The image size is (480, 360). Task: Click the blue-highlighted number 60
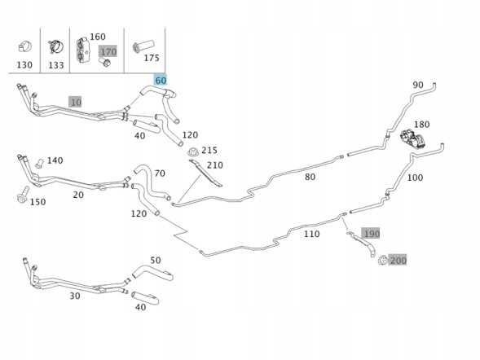coord(161,80)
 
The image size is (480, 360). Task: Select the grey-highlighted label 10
coord(76,102)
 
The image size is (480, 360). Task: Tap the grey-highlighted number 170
coord(108,51)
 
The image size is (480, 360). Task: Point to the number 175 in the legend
coord(152,58)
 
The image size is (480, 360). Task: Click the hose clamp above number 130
coord(24,46)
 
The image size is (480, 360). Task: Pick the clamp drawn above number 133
coord(55,46)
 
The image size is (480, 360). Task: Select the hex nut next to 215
coord(193,151)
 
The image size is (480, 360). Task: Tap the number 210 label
coord(215,165)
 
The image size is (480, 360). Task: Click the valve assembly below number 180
coord(412,139)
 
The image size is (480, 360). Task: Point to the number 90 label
coord(418,85)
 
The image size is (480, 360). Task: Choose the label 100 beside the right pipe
coord(415,178)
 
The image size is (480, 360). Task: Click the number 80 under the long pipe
coord(310,177)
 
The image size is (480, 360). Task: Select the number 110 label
coord(311,234)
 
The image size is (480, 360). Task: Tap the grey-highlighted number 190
coord(371,234)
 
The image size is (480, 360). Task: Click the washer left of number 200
coord(383,261)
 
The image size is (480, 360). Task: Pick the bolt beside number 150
coord(23,194)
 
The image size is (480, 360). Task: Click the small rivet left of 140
coord(39,163)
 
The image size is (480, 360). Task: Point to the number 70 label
coord(160,173)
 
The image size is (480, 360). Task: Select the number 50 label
coord(156,261)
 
